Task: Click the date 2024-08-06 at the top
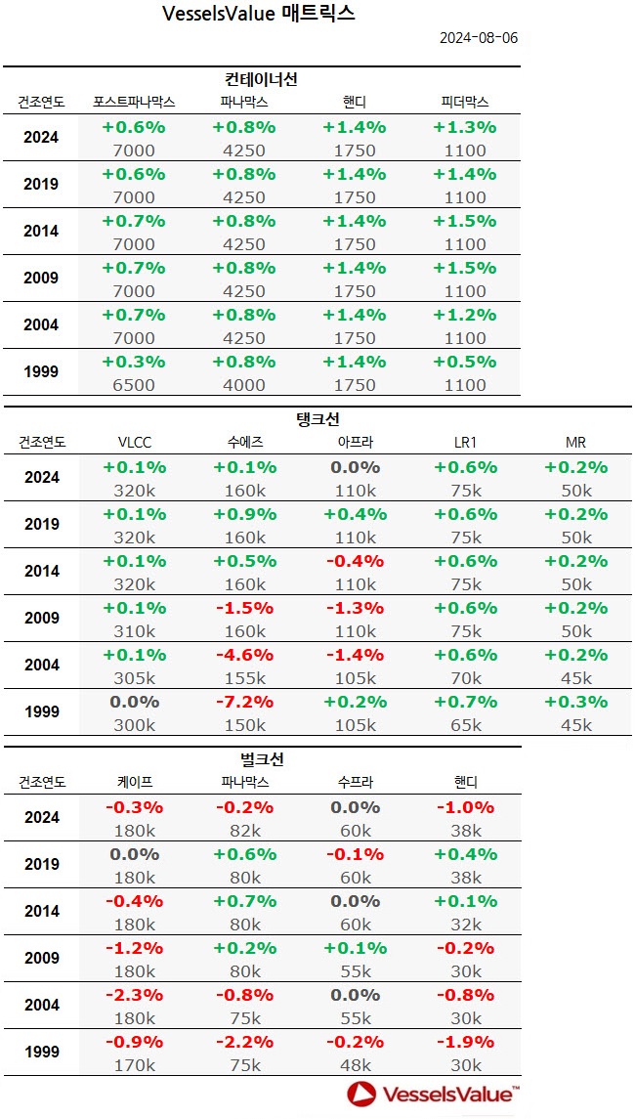(478, 38)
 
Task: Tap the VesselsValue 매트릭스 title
(258, 14)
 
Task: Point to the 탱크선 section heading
(317, 419)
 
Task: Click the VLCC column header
(134, 442)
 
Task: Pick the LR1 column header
(464, 442)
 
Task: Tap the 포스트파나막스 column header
(134, 102)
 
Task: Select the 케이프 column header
(134, 782)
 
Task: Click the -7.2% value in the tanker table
(244, 702)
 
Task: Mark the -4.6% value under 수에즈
(244, 655)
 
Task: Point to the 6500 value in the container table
(134, 385)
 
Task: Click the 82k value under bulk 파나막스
(244, 831)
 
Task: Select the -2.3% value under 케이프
(134, 995)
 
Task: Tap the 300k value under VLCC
(134, 725)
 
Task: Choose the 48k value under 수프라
(355, 1065)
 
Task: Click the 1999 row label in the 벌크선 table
(41, 1053)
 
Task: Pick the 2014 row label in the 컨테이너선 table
(41, 232)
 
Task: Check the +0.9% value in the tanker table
(244, 514)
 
